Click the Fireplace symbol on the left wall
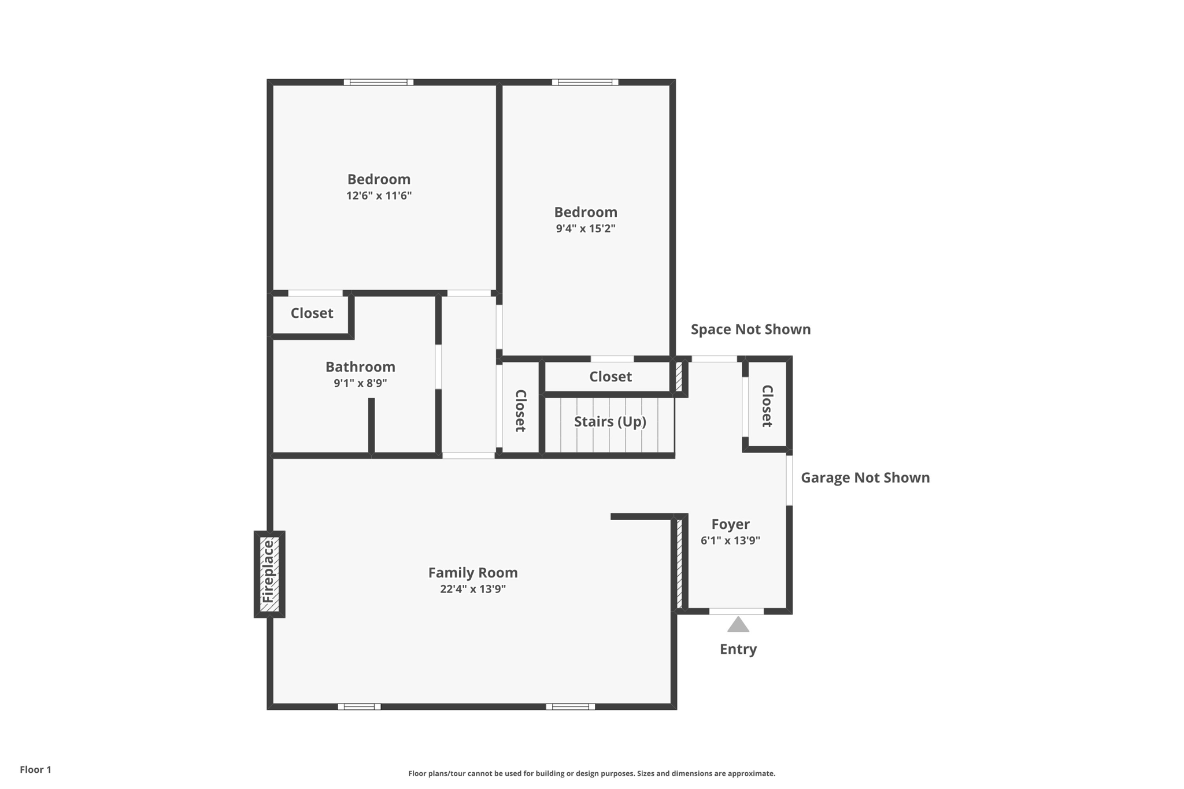269,573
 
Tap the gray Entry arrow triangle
738,625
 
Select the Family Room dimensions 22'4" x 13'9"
473,589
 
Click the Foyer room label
730,524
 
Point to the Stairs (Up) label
610,421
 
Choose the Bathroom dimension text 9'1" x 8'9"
360,383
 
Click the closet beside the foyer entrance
767,406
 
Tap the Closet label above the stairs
610,377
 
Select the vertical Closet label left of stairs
520,410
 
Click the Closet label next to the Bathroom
312,313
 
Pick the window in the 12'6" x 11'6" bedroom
379,82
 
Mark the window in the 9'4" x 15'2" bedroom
585,82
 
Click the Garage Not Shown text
865,477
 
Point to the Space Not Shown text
750,329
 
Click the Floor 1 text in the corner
35,769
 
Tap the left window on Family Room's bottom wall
359,706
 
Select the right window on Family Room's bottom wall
570,706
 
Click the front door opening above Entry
736,611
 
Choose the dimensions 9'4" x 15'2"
585,228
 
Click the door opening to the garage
789,480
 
